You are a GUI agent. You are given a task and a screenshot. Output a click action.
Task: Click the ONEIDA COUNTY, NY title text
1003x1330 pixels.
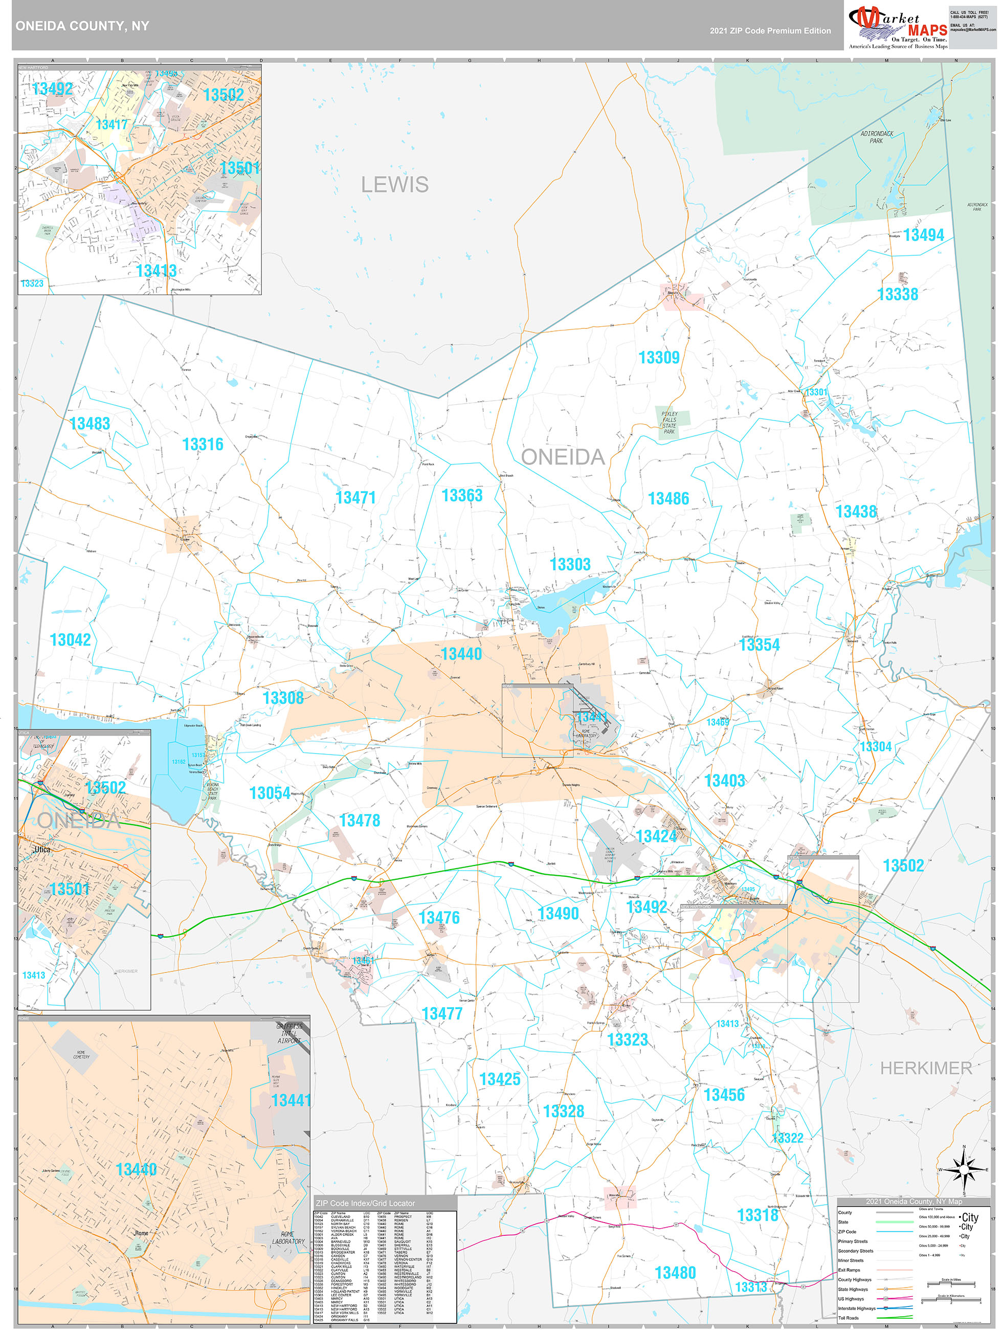(x=82, y=26)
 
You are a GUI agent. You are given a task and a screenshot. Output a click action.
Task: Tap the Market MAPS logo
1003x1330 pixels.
(x=898, y=27)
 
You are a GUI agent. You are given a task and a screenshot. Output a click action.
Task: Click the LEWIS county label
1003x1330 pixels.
(x=394, y=185)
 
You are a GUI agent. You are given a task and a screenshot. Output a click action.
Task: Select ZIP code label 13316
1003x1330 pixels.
(x=203, y=445)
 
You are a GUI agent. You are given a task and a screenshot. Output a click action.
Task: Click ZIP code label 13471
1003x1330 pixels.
(x=355, y=498)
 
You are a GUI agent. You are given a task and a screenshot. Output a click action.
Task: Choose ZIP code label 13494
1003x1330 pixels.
(x=923, y=235)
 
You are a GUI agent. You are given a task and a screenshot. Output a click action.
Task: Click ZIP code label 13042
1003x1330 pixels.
(x=71, y=640)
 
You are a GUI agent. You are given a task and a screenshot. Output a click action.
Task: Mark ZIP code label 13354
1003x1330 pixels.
(x=759, y=645)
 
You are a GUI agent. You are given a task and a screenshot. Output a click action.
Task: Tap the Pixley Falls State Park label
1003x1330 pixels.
(x=670, y=423)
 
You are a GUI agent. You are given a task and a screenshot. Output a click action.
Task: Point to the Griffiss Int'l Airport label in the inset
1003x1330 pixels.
(x=289, y=1033)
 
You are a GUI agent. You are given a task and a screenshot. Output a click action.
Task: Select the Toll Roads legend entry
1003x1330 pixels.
(x=849, y=1318)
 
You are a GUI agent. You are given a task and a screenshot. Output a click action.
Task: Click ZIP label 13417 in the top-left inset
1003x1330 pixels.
(x=112, y=124)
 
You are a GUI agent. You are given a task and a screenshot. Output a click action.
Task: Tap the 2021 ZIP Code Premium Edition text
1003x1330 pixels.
(x=770, y=31)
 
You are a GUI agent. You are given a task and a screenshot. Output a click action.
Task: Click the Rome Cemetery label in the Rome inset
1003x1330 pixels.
(x=81, y=1055)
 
